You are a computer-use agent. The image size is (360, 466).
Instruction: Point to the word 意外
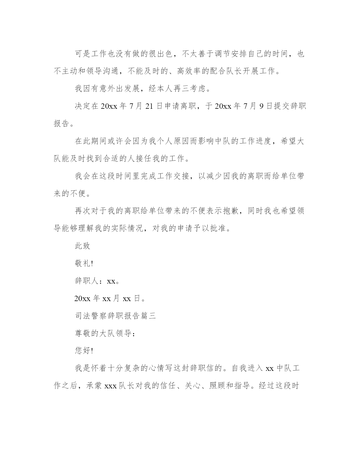(111, 89)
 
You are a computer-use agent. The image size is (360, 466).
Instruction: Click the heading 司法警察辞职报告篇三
(115, 316)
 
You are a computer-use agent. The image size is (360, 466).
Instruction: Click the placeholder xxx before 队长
(111, 386)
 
